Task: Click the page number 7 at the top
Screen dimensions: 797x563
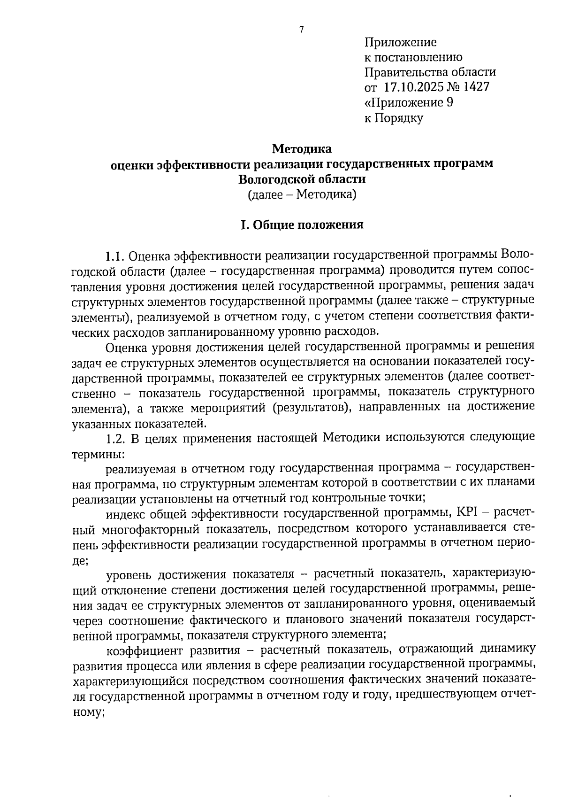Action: click(302, 30)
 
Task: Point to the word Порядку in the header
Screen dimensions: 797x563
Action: click(400, 118)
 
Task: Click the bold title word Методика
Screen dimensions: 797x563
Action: click(302, 149)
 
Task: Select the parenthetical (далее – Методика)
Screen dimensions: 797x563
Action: click(302, 194)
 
